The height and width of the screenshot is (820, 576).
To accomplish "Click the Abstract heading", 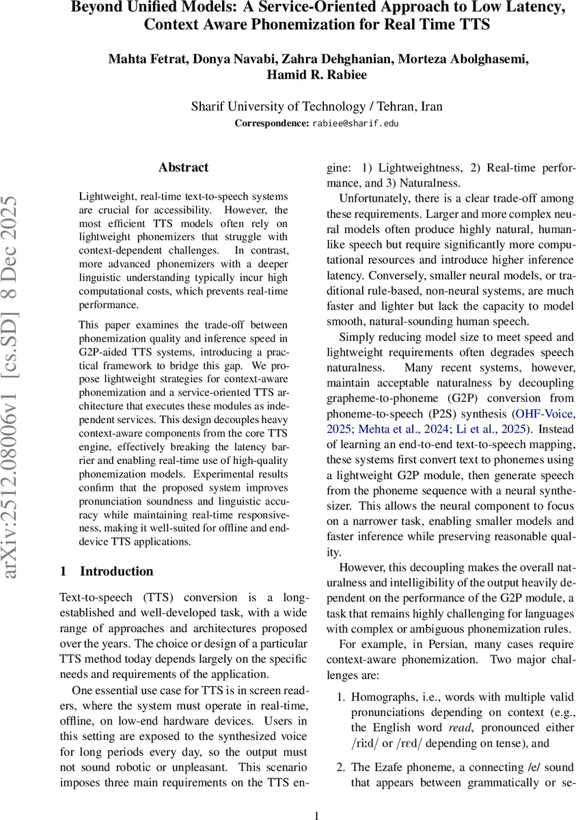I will click(183, 167).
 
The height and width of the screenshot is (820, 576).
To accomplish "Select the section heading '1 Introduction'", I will click(107, 571).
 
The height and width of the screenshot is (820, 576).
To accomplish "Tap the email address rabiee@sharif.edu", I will click(355, 124).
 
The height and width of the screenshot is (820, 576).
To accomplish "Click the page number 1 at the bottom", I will click(317, 814).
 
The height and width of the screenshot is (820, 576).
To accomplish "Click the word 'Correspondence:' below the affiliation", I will click(272, 124).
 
